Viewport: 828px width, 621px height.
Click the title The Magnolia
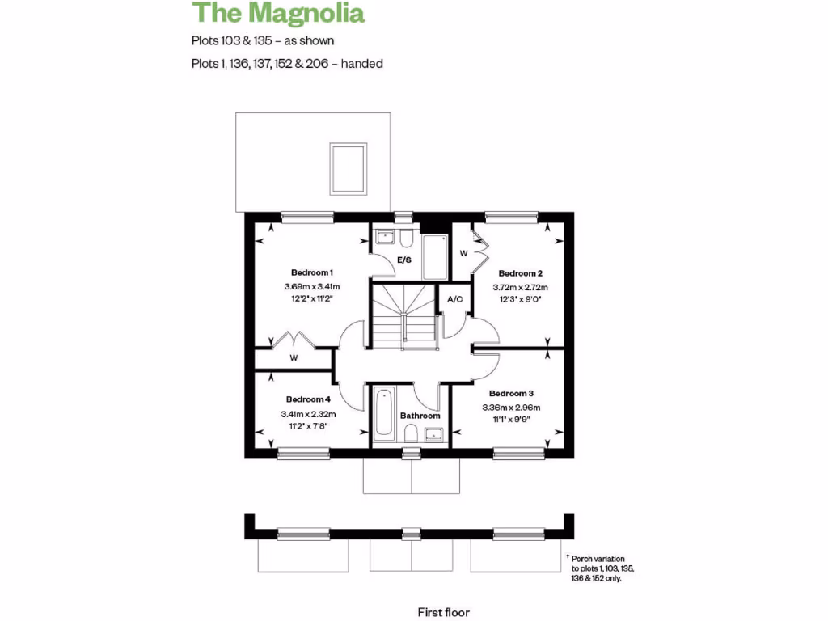[x=277, y=14]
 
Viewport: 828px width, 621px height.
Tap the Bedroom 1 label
[x=312, y=272]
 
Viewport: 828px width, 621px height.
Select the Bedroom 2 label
[x=520, y=273]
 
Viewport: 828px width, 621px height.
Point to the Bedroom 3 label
[x=511, y=394]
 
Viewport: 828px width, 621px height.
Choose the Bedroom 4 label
[x=308, y=399]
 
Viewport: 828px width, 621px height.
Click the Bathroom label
[x=420, y=416]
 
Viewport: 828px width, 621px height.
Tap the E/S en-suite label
[x=404, y=260]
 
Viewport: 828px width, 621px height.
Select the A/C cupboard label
[x=455, y=300]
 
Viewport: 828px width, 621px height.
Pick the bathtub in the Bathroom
[x=384, y=415]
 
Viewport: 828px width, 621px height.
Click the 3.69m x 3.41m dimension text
[x=312, y=286]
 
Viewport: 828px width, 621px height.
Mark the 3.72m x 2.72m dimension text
[x=521, y=287]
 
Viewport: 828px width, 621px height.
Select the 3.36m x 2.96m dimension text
[x=511, y=408]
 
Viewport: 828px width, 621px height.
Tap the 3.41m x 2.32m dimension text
[x=308, y=413]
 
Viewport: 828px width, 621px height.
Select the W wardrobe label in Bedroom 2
[x=463, y=253]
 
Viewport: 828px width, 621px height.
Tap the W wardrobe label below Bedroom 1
[x=294, y=357]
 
